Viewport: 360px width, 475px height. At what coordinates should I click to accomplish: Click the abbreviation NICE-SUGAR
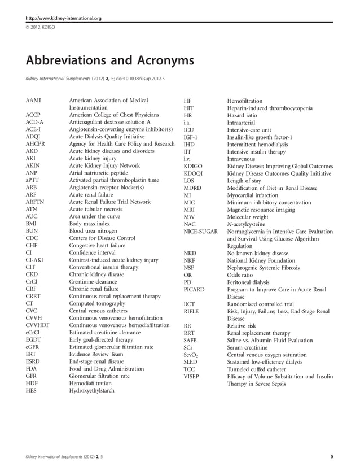[201, 232]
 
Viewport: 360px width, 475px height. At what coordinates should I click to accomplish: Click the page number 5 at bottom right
[331, 455]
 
